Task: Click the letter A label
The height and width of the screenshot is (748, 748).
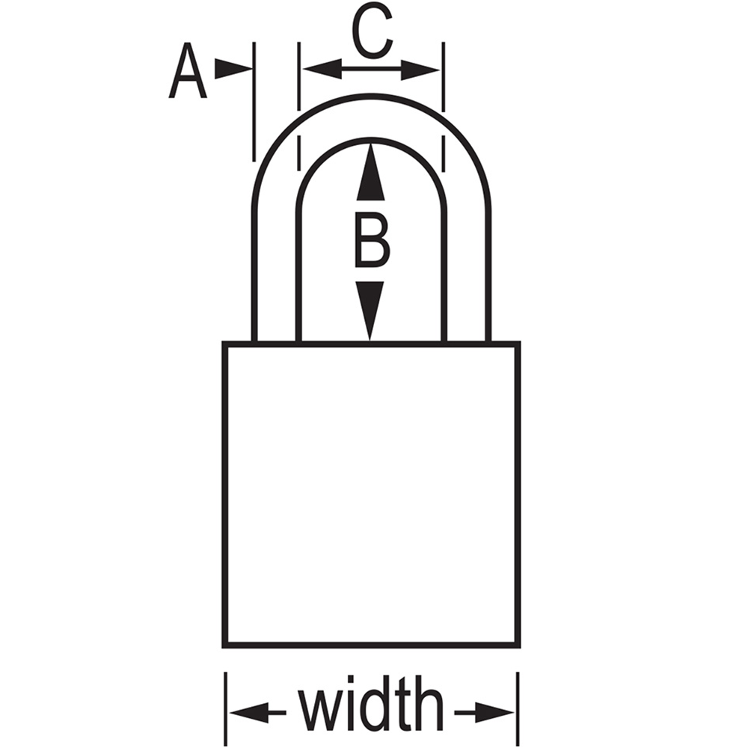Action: (x=188, y=70)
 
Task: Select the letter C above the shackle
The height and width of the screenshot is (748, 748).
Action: (x=372, y=31)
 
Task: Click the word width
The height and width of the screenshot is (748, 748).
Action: (x=371, y=703)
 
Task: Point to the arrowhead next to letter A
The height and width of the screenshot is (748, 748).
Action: (x=233, y=69)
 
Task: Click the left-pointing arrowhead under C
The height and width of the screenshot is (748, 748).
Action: (x=322, y=69)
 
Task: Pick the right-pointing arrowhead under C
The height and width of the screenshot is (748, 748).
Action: (x=420, y=70)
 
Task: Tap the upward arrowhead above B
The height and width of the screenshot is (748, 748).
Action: (x=371, y=172)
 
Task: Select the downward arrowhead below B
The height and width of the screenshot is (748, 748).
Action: (x=370, y=310)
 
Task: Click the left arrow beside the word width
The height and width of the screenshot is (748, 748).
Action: (x=257, y=713)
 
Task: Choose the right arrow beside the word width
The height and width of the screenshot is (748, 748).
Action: (x=484, y=713)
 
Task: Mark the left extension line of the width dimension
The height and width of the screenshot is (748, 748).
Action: (x=226, y=709)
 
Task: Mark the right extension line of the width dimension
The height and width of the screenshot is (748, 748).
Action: (x=518, y=709)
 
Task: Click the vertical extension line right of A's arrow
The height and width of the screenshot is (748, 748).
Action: (x=254, y=102)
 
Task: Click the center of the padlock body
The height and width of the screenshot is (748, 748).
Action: (x=372, y=494)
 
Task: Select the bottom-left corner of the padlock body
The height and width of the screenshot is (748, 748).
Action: (x=224, y=646)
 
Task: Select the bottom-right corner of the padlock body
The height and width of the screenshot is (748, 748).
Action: (x=518, y=646)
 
